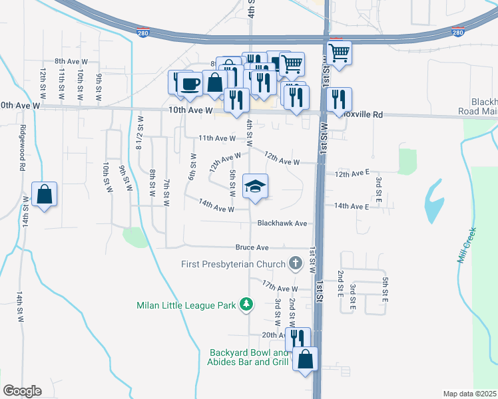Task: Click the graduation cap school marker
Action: [x=255, y=187]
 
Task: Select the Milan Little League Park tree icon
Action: [x=247, y=305]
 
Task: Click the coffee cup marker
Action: [x=190, y=84]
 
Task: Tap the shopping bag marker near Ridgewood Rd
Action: [x=44, y=195]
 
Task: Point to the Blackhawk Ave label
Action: [x=282, y=223]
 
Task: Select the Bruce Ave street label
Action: [x=252, y=247]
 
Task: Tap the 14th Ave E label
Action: [x=352, y=207]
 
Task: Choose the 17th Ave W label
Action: [x=280, y=289]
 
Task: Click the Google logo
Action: [x=22, y=390]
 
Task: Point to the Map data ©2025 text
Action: [x=469, y=394]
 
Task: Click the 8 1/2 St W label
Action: [x=140, y=132]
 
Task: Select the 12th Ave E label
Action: [x=352, y=173]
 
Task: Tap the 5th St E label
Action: [x=385, y=284]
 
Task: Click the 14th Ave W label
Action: [x=216, y=209]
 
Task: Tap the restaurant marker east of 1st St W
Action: [x=340, y=100]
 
